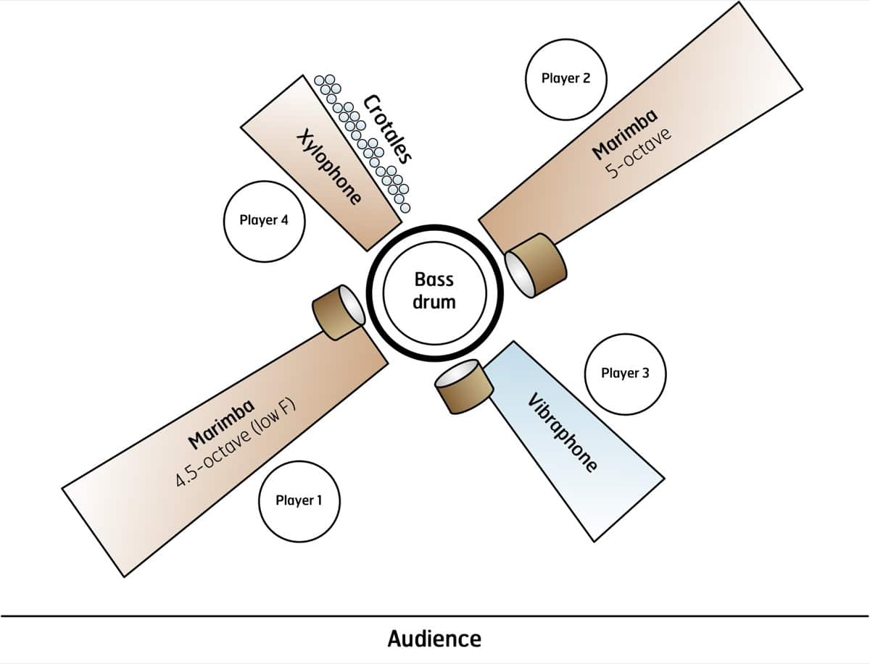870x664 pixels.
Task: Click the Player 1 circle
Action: (299, 500)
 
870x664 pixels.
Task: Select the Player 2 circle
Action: (566, 78)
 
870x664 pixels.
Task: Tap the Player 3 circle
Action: (625, 374)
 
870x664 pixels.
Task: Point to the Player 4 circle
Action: (264, 219)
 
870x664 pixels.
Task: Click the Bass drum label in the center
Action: (434, 290)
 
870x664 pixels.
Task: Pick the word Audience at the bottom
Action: (434, 639)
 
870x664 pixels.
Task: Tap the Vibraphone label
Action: (563, 432)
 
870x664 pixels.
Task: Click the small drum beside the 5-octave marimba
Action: (536, 264)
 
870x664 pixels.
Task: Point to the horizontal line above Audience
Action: (435, 616)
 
